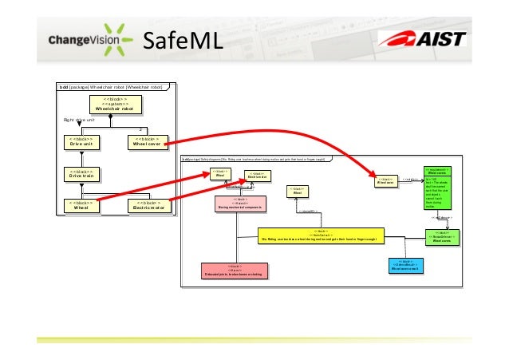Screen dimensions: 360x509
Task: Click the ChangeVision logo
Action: (87, 39)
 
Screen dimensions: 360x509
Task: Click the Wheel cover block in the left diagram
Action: (150, 142)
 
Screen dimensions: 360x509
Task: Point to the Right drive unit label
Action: (80, 119)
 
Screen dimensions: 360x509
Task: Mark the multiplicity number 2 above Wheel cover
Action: (140, 127)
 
